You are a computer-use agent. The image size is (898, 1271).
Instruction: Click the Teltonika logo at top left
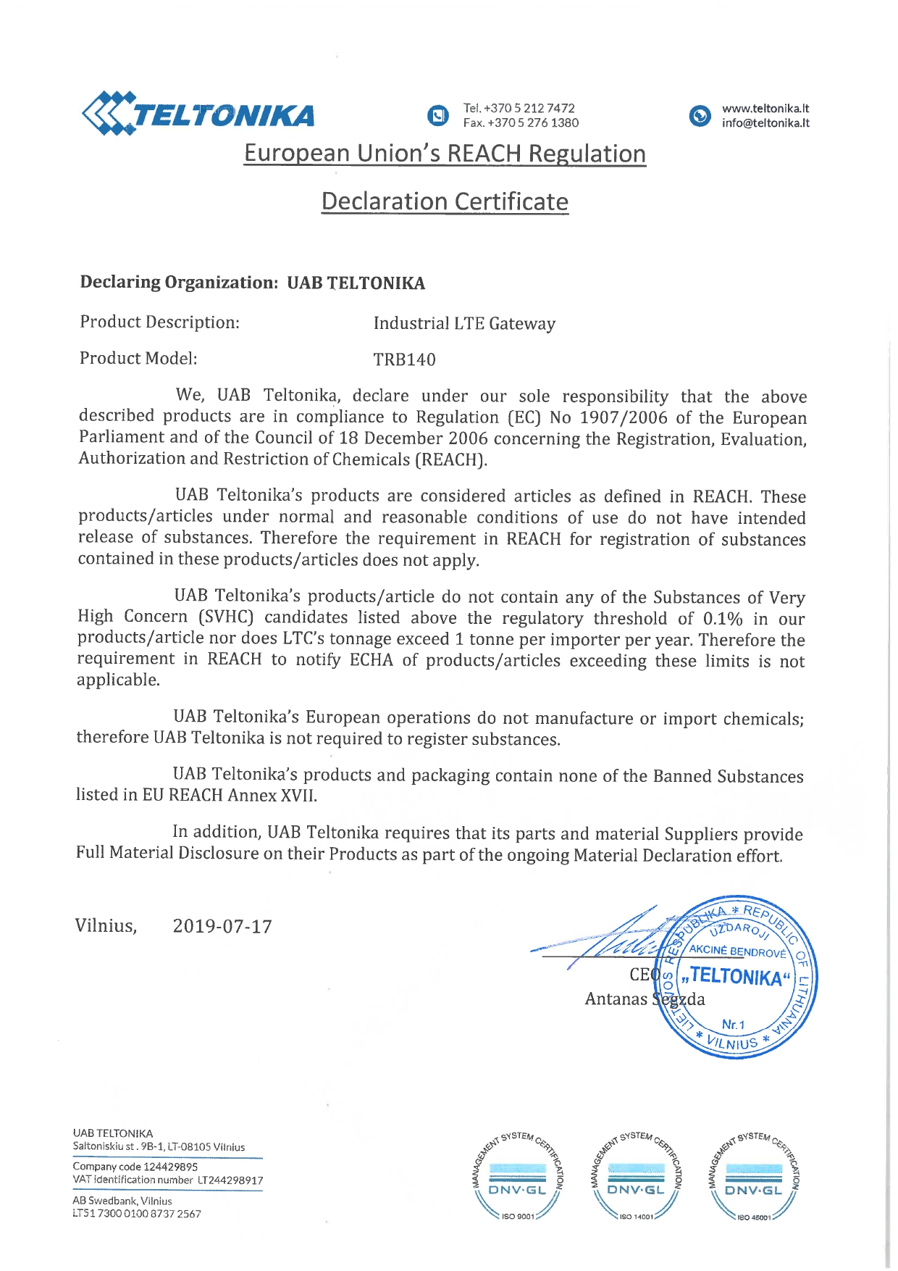click(x=198, y=114)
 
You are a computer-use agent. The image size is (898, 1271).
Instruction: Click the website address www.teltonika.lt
click(x=765, y=108)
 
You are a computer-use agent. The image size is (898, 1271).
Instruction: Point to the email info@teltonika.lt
click(x=765, y=123)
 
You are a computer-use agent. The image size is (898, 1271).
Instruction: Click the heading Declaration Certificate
click(x=445, y=201)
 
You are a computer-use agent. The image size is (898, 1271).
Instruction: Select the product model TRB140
click(x=404, y=359)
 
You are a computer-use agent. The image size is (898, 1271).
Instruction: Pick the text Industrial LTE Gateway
click(x=464, y=323)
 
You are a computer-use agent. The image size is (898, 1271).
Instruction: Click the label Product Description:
click(x=159, y=322)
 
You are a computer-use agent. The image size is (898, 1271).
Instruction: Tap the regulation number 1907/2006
click(x=624, y=417)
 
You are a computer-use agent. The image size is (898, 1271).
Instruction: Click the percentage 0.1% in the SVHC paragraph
click(x=723, y=619)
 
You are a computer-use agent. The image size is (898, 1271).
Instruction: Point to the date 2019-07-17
click(x=222, y=927)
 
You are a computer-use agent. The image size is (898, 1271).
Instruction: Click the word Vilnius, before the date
click(x=106, y=926)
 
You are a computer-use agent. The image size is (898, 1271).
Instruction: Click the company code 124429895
click(x=170, y=1167)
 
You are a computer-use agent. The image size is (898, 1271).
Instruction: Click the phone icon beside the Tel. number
click(x=437, y=115)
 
